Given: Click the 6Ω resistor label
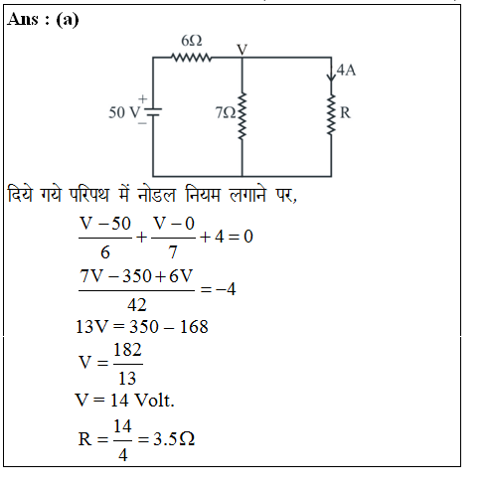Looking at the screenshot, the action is coord(192,41).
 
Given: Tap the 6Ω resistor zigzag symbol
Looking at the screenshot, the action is coord(192,58).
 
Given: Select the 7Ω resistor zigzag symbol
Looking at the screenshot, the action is coord(243,116).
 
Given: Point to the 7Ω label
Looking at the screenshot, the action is coord(226,112).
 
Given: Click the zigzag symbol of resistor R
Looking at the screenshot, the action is coord(331,114).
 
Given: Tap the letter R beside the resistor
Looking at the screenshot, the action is coord(345,113).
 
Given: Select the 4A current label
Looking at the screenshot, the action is coord(346,71).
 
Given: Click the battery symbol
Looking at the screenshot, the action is coord(153,112).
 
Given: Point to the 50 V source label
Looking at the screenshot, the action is coord(124,112).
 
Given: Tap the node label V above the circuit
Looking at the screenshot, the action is coord(243,50).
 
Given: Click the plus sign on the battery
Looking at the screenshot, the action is coord(142,98).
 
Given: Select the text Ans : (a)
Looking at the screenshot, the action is coord(43,19).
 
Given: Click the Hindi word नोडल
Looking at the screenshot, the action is coord(156,195).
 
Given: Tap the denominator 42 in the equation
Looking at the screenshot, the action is coord(137,305).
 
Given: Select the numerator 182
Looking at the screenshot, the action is coord(127,350).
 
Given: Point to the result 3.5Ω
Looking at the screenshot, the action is coord(174,439).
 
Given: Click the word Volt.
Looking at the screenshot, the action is coord(155,401).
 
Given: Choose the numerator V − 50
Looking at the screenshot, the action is coord(105,224).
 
